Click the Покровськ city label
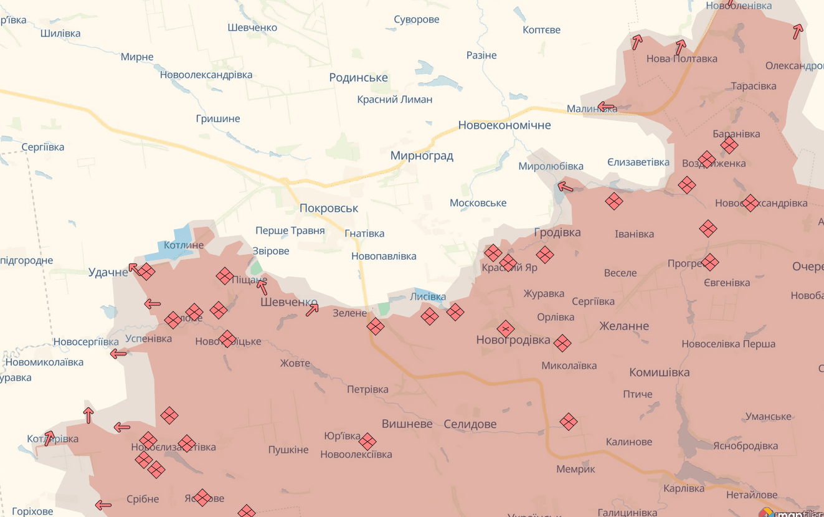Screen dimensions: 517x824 [329, 208]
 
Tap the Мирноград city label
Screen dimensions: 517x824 [422, 156]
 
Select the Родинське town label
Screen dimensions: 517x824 [358, 78]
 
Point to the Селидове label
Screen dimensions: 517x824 [470, 424]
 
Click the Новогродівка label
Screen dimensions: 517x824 [513, 340]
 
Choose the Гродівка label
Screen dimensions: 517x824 [557, 232]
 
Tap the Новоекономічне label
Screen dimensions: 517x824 [504, 125]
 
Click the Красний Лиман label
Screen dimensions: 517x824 [394, 100]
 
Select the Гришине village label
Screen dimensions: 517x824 [217, 119]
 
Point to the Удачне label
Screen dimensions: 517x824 [108, 272]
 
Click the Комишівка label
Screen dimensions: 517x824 [659, 372]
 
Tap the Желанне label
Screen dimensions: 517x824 [623, 326]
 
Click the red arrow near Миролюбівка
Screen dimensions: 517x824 [565, 186]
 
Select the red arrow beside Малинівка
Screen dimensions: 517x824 [605, 107]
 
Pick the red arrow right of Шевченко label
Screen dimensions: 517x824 [312, 310]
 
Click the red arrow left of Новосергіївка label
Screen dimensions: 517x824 [118, 354]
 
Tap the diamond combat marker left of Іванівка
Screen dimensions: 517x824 [613, 201]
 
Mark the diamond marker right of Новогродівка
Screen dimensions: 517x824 [562, 343]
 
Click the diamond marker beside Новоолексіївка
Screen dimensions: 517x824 [367, 441]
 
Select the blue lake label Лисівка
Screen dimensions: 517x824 [428, 296]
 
